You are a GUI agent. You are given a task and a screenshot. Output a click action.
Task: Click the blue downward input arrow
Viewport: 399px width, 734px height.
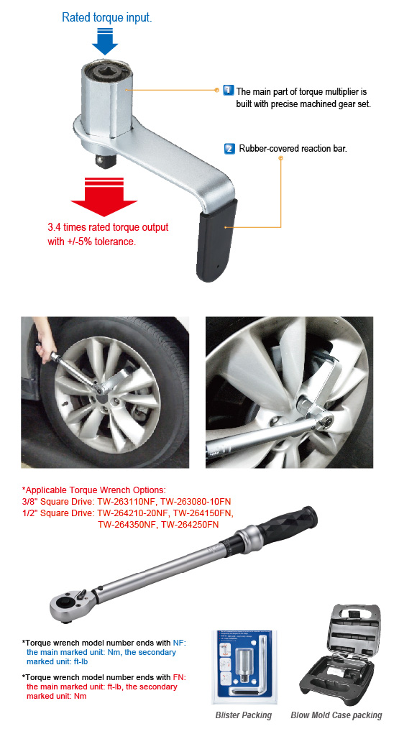[x=105, y=42]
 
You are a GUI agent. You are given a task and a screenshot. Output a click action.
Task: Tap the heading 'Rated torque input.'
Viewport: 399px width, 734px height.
[x=106, y=17]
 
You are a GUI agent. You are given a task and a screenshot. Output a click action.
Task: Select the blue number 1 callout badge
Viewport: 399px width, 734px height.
[x=228, y=91]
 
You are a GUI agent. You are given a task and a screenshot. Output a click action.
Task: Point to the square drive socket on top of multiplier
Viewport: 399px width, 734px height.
[x=105, y=73]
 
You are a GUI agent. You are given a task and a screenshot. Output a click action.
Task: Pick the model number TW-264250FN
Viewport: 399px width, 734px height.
[x=190, y=524]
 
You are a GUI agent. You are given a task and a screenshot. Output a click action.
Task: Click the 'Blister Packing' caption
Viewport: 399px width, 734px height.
[x=244, y=715]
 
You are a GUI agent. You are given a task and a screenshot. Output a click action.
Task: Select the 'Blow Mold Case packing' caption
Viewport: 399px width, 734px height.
[x=336, y=715]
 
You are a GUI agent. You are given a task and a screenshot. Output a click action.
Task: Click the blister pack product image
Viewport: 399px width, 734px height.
[x=244, y=665]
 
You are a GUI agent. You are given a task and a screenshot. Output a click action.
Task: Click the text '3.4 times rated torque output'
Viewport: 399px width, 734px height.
[x=108, y=227]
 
